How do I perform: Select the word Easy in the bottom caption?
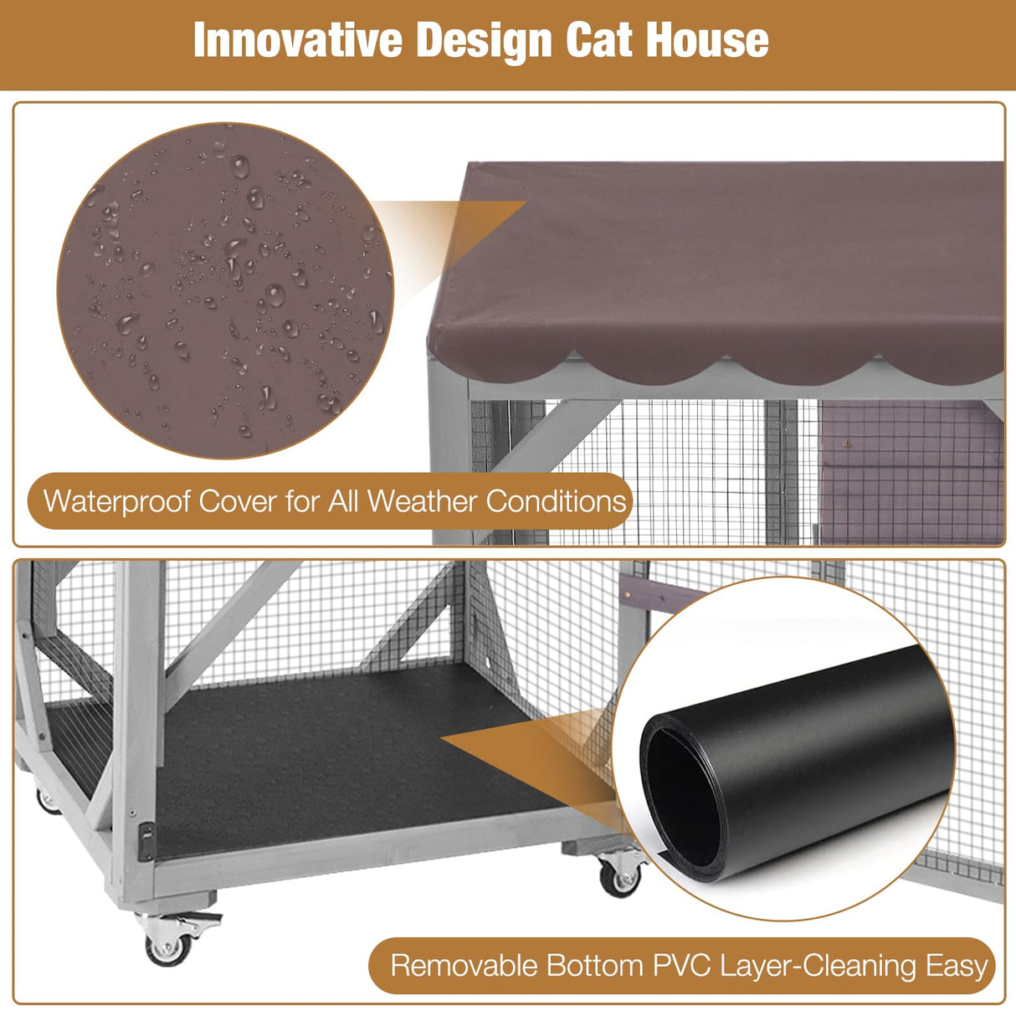[x=957, y=966]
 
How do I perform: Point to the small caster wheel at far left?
[x=47, y=800]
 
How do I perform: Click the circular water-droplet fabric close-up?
[x=224, y=290]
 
